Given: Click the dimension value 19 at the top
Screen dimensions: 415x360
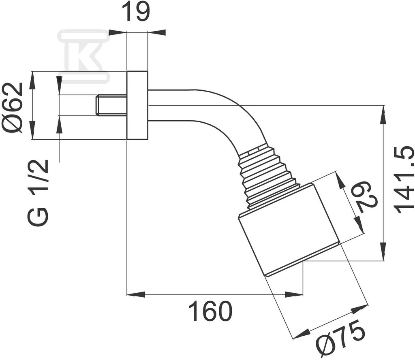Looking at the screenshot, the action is click(x=137, y=12).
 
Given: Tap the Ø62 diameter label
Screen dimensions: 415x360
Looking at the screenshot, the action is click(x=12, y=108).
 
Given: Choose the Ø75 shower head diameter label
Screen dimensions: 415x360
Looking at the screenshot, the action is click(x=341, y=339).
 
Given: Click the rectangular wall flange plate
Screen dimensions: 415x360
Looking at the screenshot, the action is click(x=137, y=105).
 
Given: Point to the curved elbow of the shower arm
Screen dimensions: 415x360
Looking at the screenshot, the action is click(x=233, y=116).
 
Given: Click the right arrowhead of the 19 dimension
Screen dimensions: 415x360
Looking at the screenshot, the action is click(x=157, y=32).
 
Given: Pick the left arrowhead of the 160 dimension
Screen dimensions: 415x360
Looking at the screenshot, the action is click(x=136, y=294).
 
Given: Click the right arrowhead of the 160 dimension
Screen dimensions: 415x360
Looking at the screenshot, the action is click(x=294, y=294).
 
